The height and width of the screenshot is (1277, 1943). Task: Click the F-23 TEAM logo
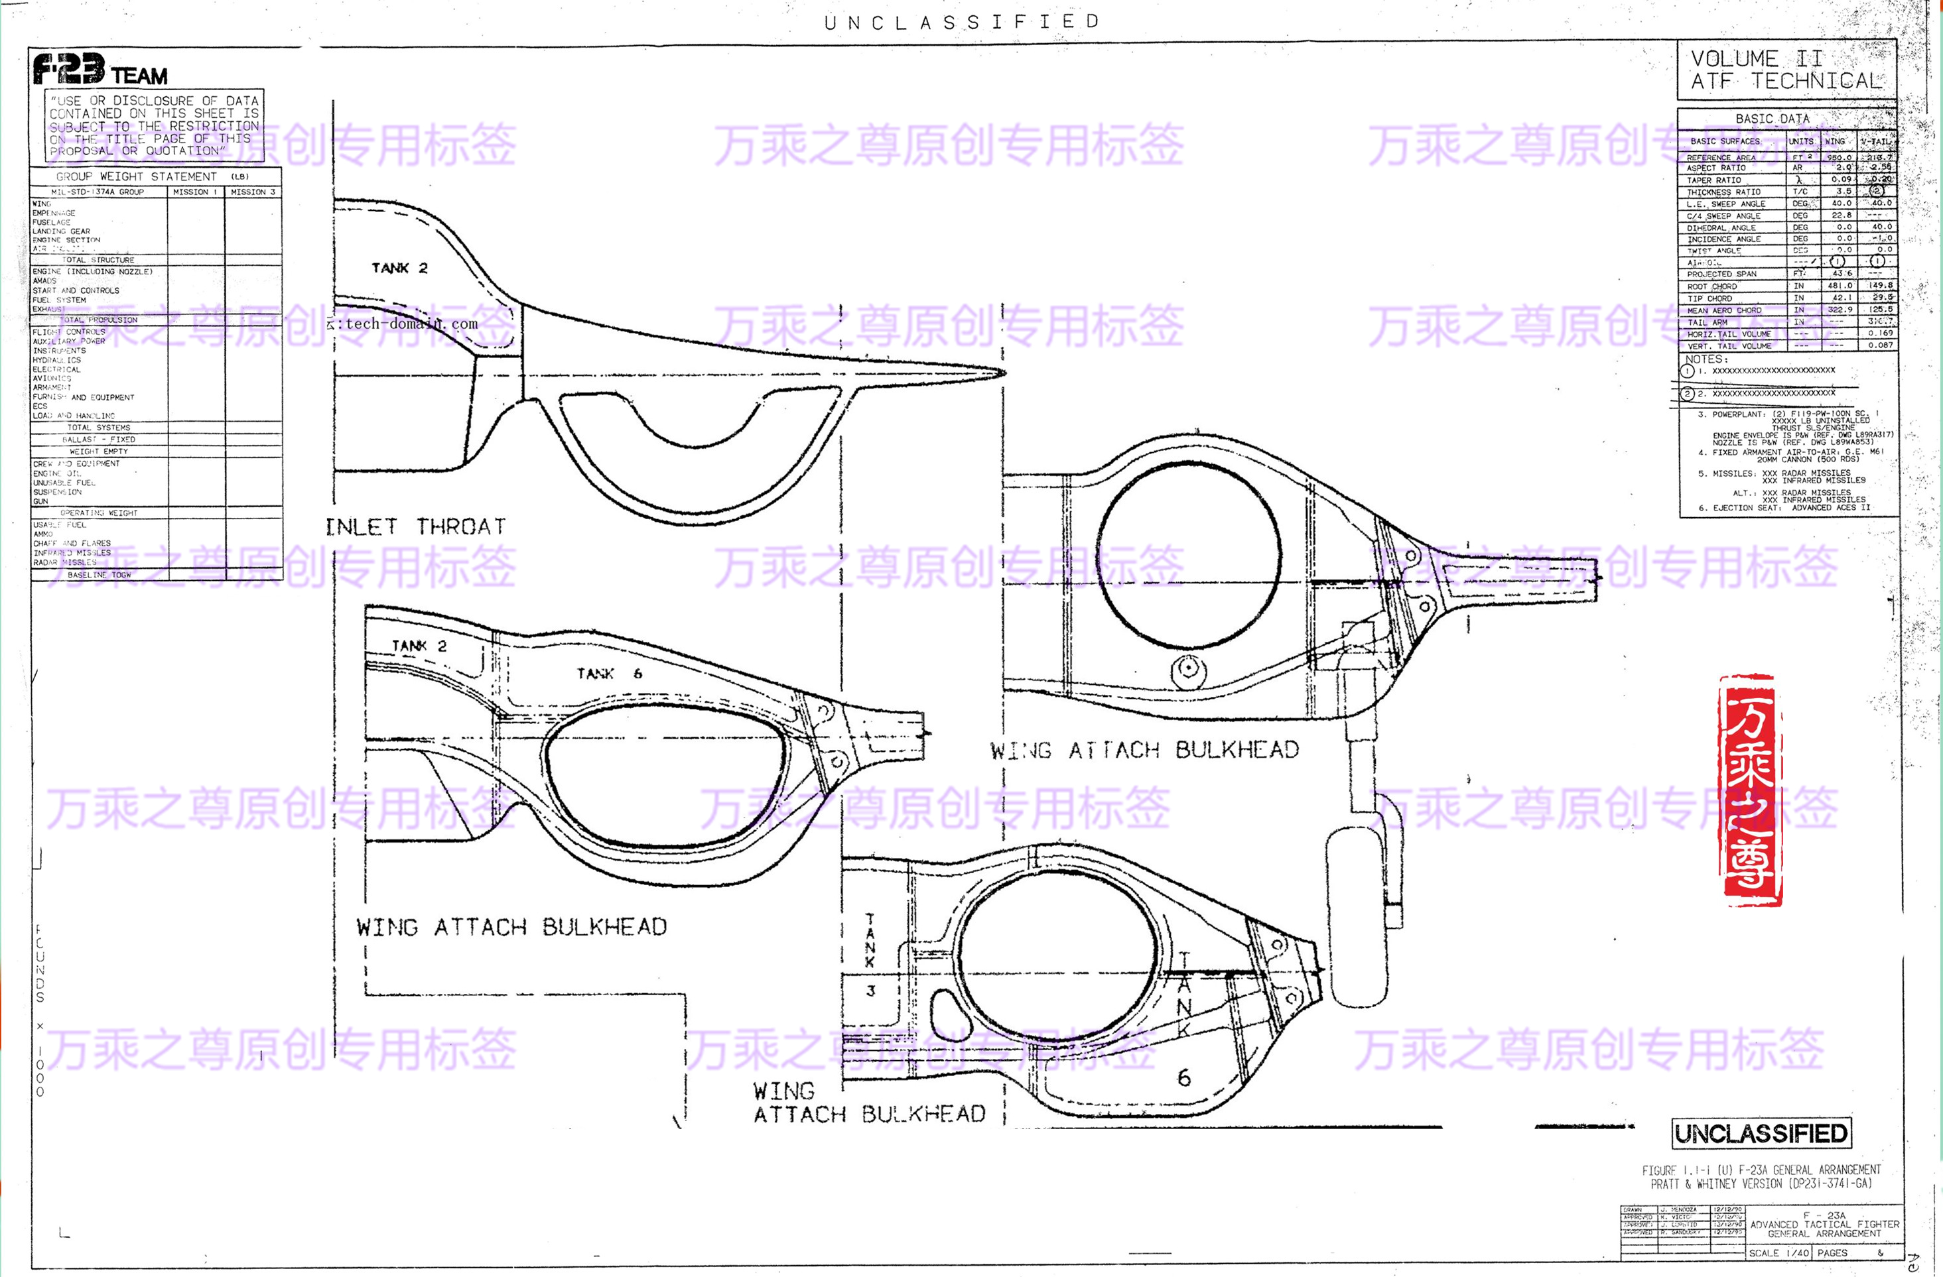click(100, 70)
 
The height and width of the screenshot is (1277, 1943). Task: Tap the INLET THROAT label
click(415, 527)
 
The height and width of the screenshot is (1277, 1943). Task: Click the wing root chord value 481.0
click(1840, 286)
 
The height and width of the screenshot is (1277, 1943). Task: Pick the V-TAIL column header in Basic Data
click(1877, 141)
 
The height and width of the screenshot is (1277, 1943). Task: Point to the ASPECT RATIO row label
click(1716, 168)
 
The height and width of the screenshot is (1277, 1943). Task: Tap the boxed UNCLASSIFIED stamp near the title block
click(1761, 1133)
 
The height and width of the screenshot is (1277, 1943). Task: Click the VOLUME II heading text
click(1756, 59)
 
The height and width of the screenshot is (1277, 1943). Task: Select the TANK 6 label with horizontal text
click(609, 673)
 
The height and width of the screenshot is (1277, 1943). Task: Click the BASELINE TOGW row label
click(99, 574)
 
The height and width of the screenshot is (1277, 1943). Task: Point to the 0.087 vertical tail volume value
click(1880, 345)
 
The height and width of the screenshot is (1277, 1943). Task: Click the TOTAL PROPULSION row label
click(98, 320)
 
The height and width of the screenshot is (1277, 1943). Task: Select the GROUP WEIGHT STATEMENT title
click(137, 176)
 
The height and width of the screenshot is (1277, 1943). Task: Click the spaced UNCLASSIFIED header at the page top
click(962, 22)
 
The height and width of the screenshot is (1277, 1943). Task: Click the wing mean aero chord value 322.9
click(1840, 310)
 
